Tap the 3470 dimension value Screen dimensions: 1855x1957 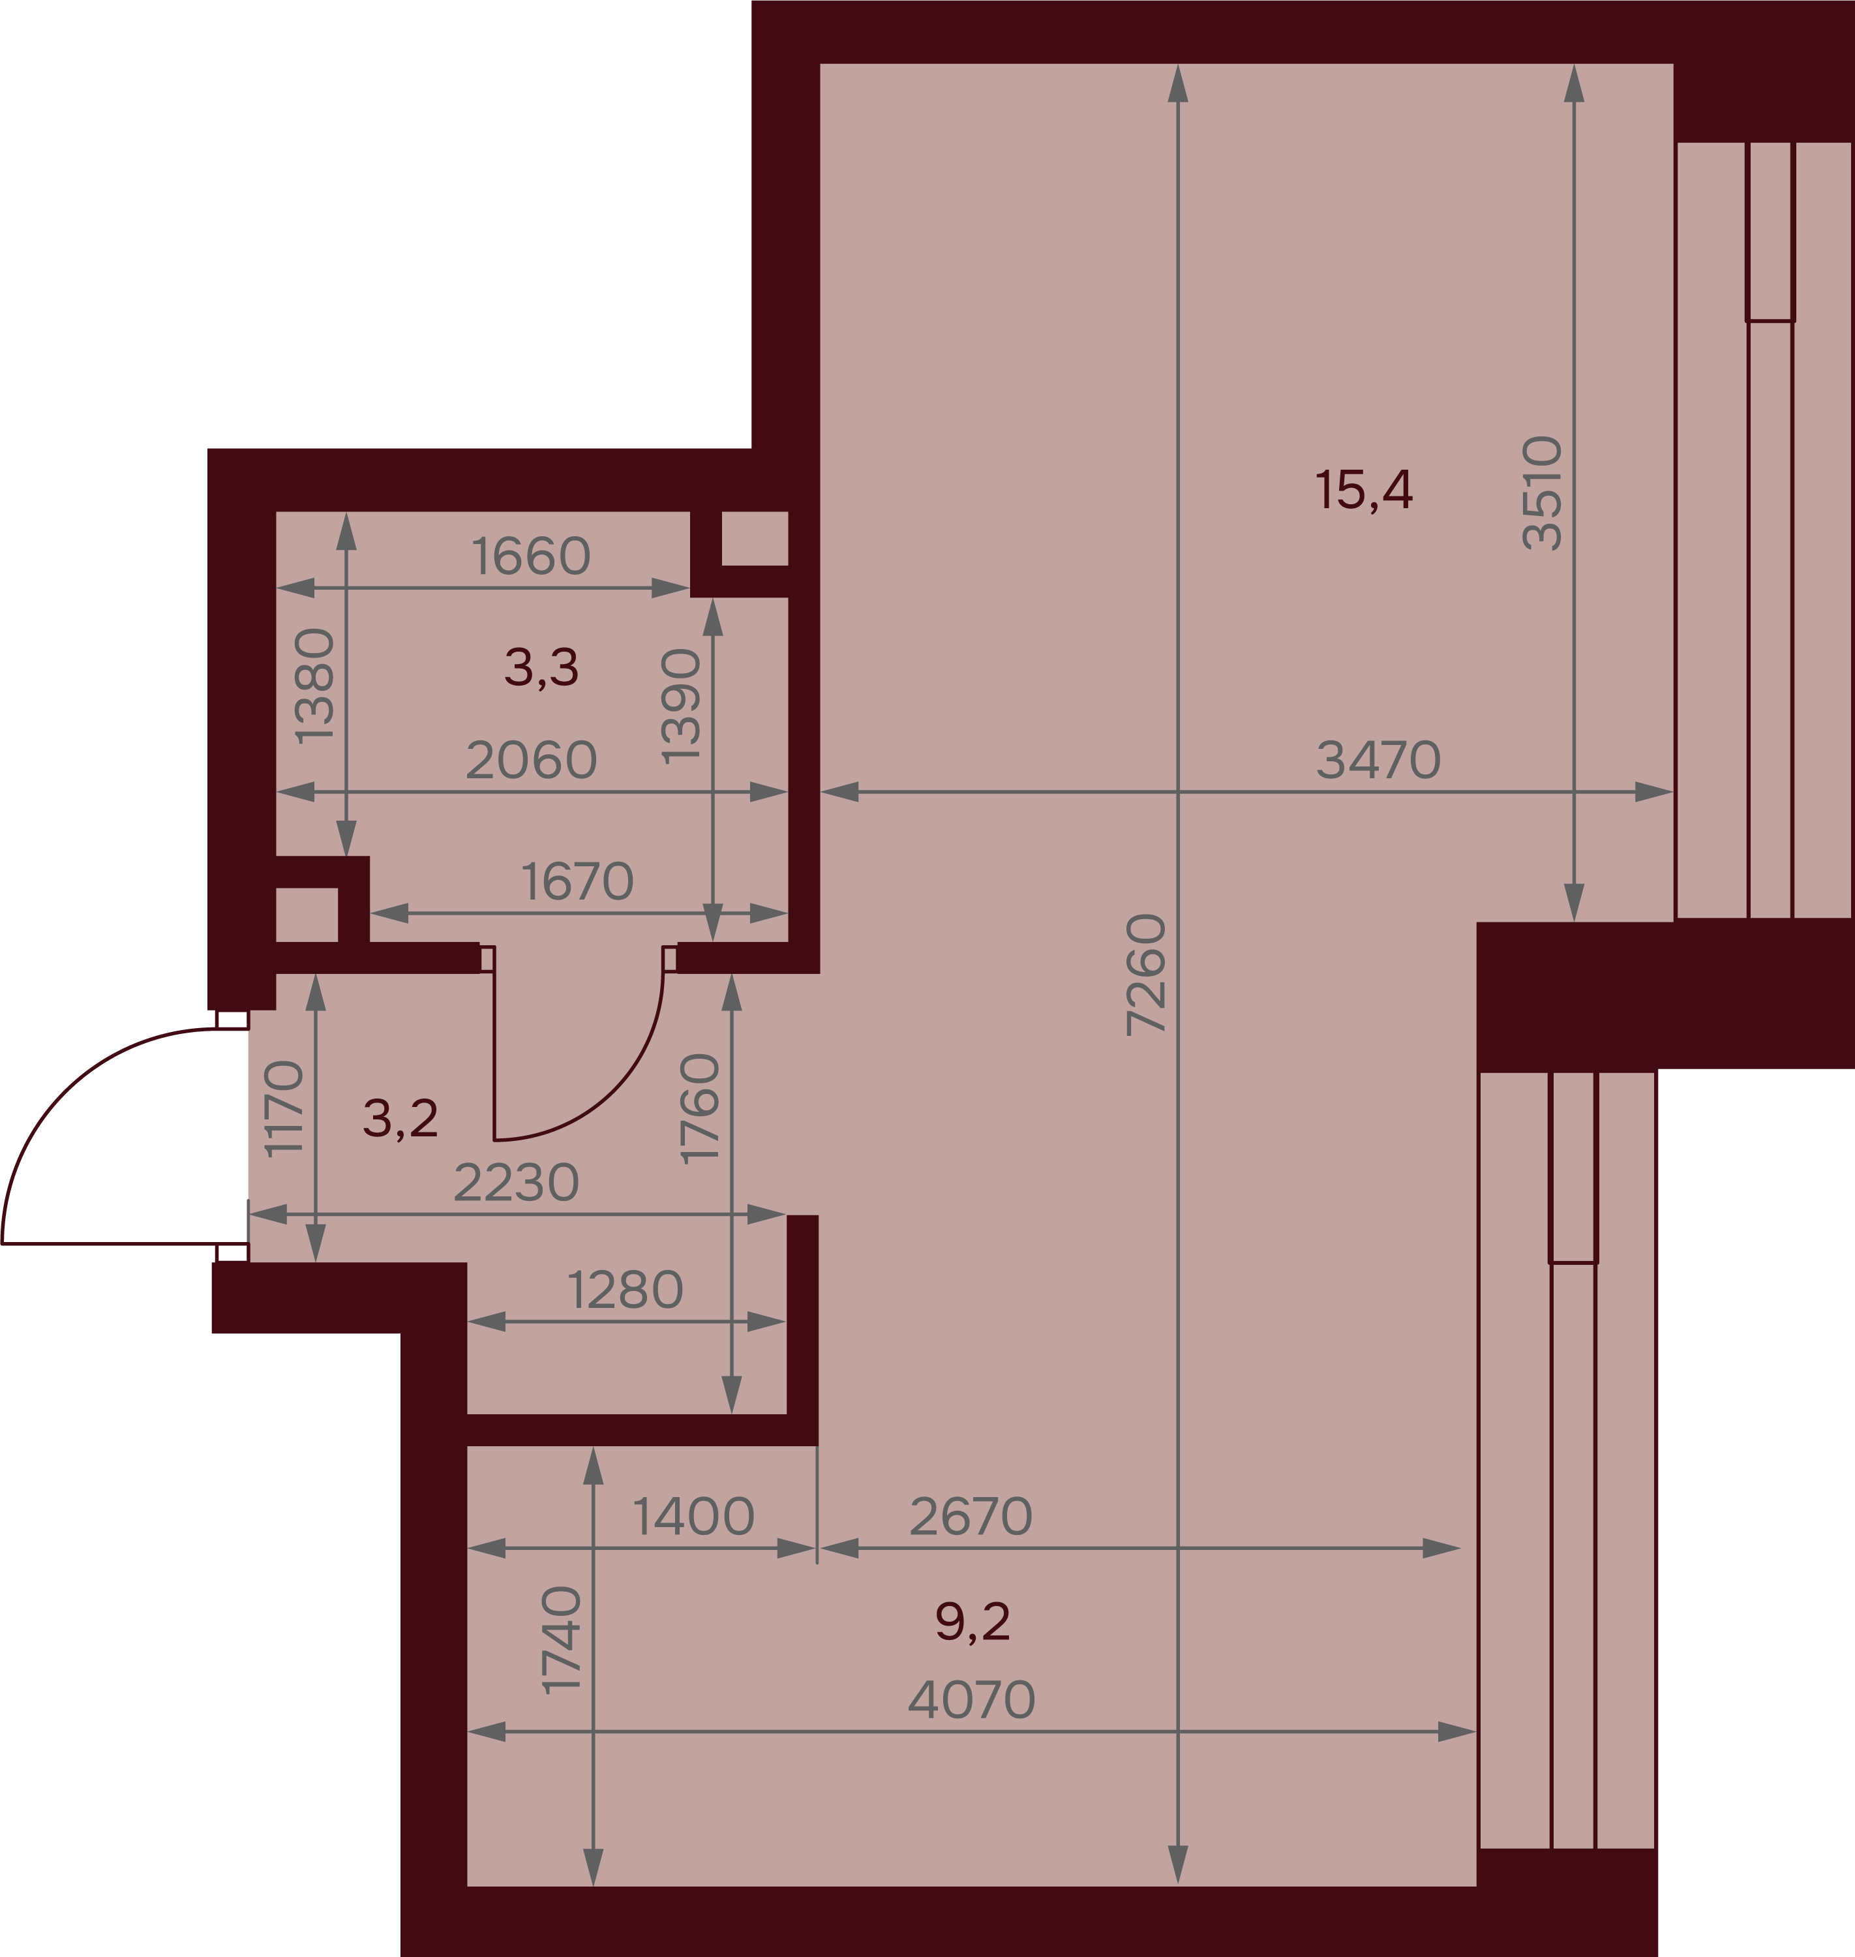(x=1378, y=759)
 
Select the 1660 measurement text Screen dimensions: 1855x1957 (x=531, y=556)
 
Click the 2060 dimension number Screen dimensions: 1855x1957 (x=531, y=759)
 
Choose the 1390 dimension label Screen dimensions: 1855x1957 (x=682, y=706)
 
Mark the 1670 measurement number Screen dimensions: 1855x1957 (x=577, y=881)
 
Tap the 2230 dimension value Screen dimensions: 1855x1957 (x=516, y=1182)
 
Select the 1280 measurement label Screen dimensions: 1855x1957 (x=625, y=1290)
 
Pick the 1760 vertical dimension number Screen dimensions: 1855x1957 (x=700, y=1108)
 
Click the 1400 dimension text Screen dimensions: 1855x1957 (x=693, y=1516)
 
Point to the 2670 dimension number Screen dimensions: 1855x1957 (x=971, y=1516)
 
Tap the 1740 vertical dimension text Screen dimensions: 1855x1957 (x=562, y=1639)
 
